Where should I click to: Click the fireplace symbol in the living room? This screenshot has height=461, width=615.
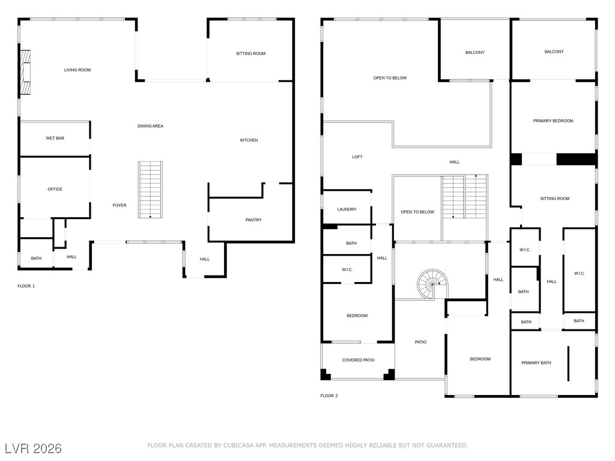click(25, 73)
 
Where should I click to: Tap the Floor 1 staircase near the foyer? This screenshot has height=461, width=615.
click(150, 189)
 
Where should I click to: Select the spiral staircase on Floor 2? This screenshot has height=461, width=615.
click(433, 283)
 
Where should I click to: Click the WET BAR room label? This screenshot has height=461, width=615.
click(55, 139)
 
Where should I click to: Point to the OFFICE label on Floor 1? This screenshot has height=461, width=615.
click(55, 190)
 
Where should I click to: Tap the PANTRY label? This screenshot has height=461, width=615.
click(253, 220)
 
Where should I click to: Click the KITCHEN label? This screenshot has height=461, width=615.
click(249, 140)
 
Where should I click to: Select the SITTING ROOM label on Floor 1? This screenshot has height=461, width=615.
click(250, 54)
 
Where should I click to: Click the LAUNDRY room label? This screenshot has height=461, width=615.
click(347, 209)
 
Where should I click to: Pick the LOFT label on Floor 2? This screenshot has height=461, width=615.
click(357, 157)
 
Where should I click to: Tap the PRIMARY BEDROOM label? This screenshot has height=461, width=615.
click(553, 121)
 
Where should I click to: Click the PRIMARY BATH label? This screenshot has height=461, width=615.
click(536, 363)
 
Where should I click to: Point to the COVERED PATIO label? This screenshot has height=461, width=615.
click(359, 360)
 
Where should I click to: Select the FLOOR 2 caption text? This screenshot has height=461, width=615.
click(329, 396)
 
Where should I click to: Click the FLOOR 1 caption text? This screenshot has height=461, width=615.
click(26, 286)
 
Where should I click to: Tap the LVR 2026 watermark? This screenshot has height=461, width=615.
click(33, 448)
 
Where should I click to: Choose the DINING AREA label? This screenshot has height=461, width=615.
click(150, 126)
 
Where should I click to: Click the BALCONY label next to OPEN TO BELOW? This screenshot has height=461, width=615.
click(474, 53)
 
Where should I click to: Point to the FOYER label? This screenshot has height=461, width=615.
click(120, 206)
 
